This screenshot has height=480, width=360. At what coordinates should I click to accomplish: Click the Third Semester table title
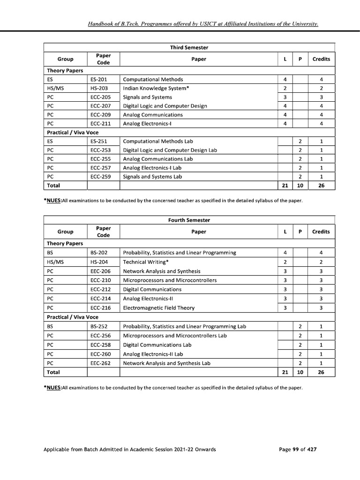[x=189, y=48]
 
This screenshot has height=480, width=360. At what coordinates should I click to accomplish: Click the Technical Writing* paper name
[x=146, y=262]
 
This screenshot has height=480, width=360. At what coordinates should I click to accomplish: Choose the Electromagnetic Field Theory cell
[x=158, y=308]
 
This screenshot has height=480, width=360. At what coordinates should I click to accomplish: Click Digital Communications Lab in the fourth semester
[x=157, y=345]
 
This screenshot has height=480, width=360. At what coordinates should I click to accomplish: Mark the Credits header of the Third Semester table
[x=321, y=59]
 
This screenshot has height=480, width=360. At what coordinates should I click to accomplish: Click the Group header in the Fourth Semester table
[x=65, y=232]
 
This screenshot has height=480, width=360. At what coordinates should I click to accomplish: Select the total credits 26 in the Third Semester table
[x=321, y=186]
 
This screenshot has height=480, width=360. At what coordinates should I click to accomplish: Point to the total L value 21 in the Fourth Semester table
[x=285, y=372]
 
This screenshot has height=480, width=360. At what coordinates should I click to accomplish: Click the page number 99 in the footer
[x=296, y=450]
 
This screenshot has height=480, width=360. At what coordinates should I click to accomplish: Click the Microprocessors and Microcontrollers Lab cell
[x=174, y=336]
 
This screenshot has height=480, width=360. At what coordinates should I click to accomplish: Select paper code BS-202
[x=98, y=253]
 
